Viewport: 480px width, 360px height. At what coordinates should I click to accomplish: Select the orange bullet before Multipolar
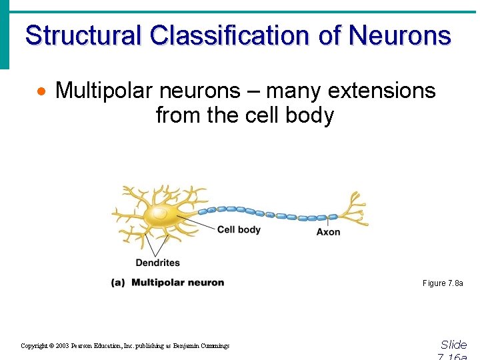42,91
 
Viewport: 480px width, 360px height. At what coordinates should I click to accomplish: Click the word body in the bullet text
309,115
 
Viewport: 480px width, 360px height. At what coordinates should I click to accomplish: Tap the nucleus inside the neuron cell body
160,213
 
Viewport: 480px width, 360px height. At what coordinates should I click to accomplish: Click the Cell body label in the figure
239,230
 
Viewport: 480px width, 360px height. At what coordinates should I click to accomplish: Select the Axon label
328,232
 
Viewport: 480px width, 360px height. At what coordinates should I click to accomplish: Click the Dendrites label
157,263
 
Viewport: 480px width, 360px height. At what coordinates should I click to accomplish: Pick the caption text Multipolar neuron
177,283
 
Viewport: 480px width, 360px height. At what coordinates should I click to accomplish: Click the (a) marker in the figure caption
118,283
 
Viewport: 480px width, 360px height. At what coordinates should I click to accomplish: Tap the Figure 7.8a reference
443,283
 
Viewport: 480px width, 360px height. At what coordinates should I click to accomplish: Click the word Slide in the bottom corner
453,345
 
